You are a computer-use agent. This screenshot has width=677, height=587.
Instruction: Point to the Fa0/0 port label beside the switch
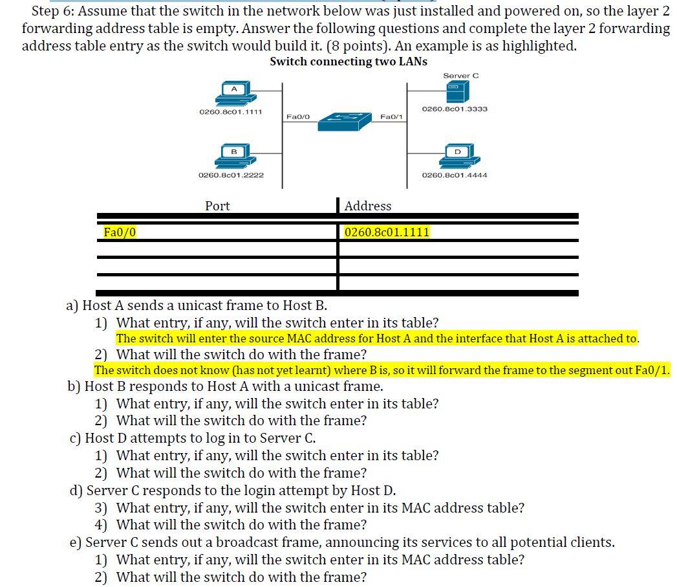coord(298,116)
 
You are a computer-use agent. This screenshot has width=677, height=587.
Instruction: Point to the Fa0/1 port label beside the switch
coord(391,116)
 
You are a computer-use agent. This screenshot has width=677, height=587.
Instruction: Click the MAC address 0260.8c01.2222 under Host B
coord(231,175)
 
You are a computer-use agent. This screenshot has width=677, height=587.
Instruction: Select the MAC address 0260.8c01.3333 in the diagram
coord(455,109)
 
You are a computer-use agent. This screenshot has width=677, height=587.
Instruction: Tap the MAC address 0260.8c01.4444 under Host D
coord(455,175)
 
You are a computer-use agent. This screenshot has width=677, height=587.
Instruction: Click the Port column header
coord(217,206)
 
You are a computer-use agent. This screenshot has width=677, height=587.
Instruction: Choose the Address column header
coord(368,206)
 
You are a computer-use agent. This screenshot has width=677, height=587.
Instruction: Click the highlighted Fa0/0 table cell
coord(120,232)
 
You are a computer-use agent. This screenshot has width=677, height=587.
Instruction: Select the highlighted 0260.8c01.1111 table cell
coord(387,232)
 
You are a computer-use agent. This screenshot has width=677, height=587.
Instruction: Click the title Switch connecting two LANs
coord(349,61)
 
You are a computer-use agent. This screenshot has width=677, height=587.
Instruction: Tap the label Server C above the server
coord(460,76)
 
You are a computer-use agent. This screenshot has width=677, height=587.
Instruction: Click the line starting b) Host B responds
coord(225,386)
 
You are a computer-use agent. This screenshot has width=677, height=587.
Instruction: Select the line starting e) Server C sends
coord(342,542)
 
